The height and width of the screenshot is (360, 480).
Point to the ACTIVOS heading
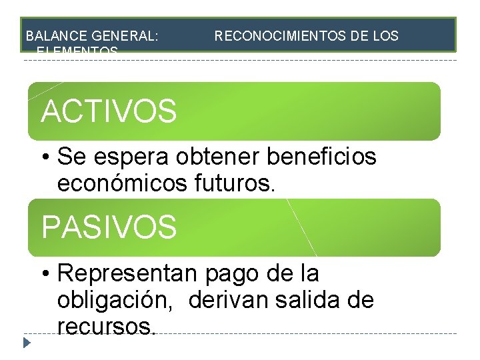click(109, 111)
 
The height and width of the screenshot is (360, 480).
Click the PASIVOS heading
click(109, 227)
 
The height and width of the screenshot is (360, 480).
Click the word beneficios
click(321, 158)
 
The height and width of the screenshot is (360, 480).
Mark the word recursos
click(107, 327)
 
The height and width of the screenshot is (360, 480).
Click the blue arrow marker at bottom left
click(27, 344)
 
